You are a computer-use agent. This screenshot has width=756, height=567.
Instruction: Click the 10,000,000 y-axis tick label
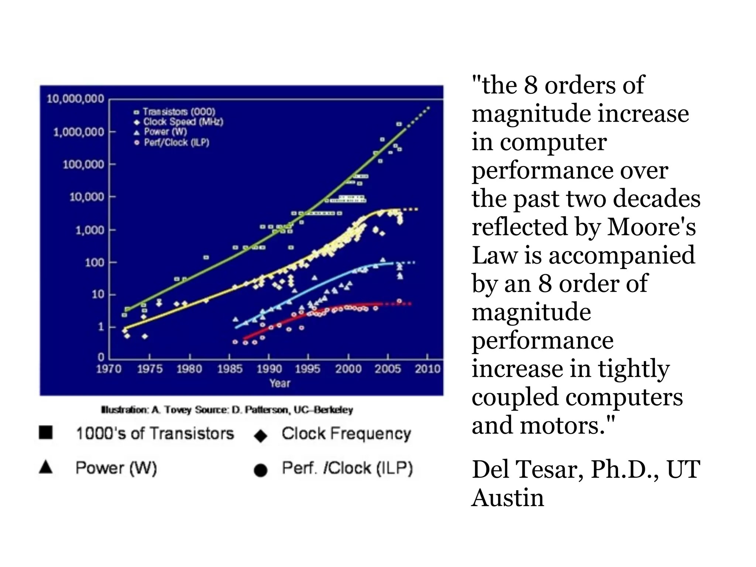point(75,99)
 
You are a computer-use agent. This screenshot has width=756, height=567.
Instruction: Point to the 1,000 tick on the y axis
point(90,230)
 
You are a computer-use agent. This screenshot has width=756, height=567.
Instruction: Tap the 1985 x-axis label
point(230,369)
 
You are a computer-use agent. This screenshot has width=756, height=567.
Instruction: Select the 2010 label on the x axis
point(427,369)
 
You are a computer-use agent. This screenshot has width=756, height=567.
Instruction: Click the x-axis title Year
point(279,383)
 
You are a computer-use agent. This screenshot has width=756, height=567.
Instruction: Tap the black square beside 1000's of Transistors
point(46,432)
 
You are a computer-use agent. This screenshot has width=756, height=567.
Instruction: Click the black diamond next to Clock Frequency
point(261,436)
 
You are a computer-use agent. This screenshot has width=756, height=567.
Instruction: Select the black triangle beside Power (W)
point(46,467)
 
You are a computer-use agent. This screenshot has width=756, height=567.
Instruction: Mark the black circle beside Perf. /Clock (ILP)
point(261,470)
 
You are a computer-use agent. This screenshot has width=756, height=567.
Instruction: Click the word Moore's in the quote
point(651,227)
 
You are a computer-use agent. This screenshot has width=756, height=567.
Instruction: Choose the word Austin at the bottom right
point(508,498)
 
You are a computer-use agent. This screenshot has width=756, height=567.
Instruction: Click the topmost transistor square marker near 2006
point(399,124)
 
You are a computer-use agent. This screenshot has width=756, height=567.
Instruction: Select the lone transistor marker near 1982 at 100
point(206,257)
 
